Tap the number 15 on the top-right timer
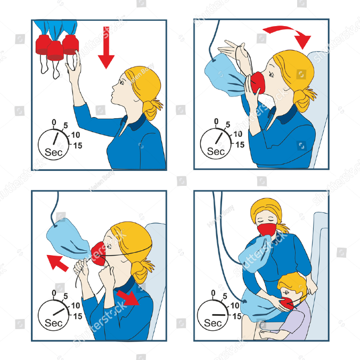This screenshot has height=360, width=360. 240,144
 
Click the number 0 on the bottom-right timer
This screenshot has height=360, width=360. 214,293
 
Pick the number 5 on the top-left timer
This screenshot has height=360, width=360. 66,126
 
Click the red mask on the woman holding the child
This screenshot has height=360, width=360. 266,230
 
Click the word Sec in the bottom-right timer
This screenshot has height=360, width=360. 213,323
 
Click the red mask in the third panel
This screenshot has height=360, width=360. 97,253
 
